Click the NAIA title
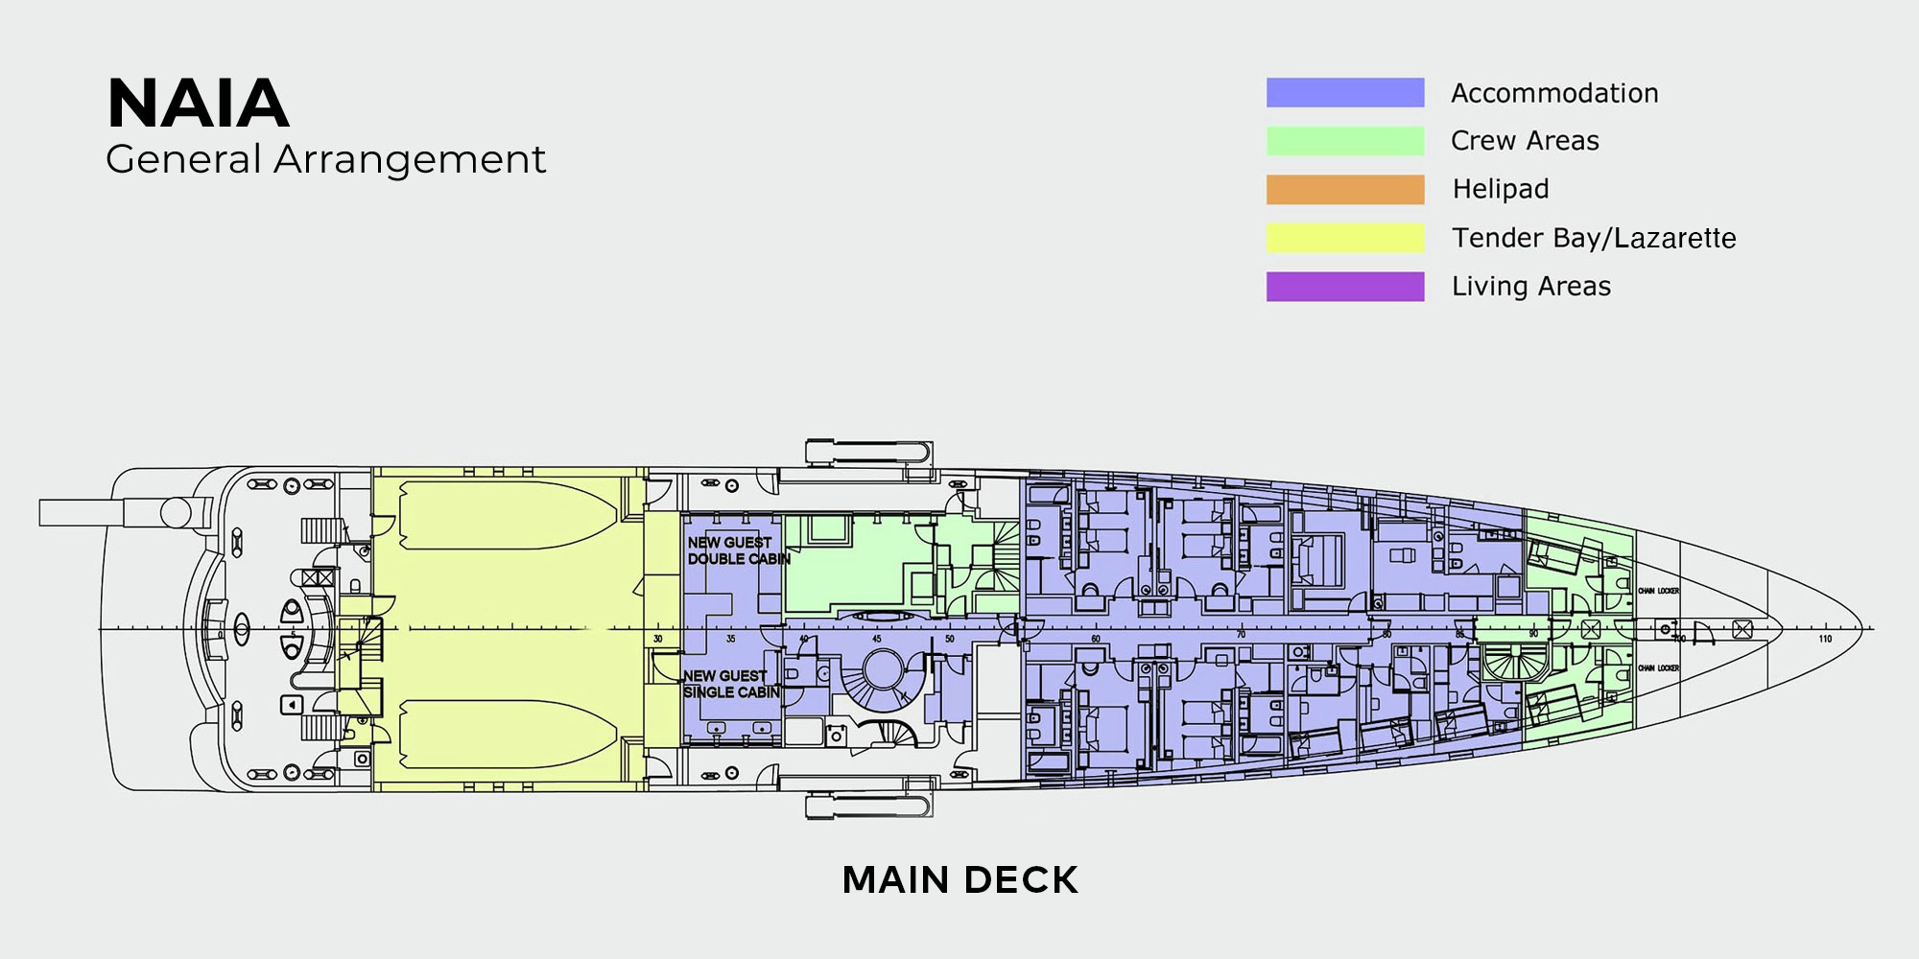click(198, 103)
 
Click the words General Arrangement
click(325, 159)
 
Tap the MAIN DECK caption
click(959, 880)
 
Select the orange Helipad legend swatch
click(1344, 189)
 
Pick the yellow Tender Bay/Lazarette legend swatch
click(1344, 238)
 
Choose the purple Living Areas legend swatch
click(1344, 287)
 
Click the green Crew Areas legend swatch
click(1344, 141)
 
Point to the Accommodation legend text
click(1554, 93)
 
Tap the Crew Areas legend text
click(1525, 141)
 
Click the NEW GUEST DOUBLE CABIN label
click(737, 550)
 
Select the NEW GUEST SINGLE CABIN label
click(731, 684)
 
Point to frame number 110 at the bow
click(1824, 639)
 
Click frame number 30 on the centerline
click(658, 639)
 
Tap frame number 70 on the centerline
click(1241, 636)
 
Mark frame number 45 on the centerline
click(876, 639)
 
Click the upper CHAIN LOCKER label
click(1658, 591)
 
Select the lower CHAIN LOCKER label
click(1658, 667)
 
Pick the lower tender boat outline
click(509, 734)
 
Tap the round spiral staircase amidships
click(881, 670)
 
